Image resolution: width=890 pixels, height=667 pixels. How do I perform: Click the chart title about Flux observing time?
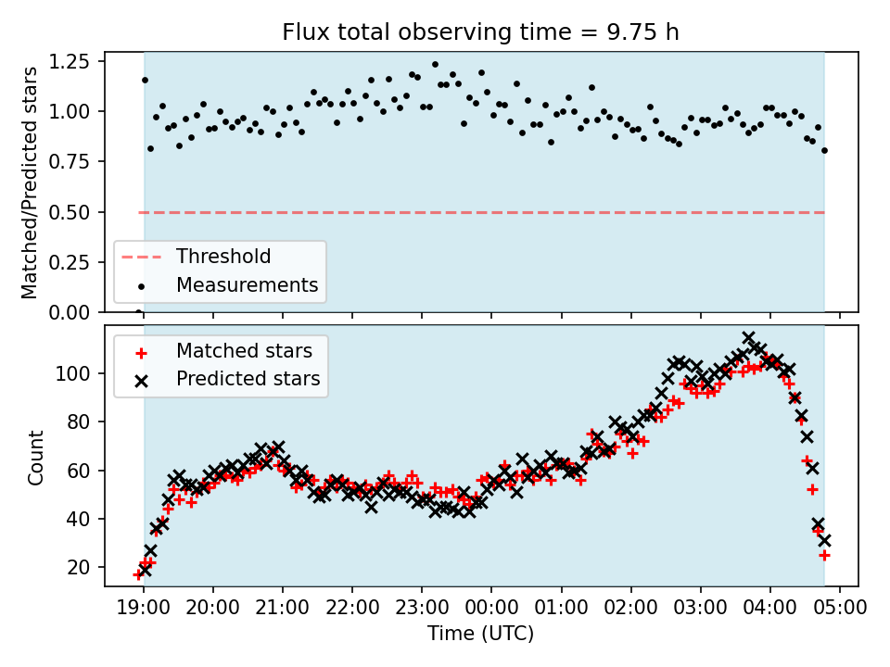tap(480, 32)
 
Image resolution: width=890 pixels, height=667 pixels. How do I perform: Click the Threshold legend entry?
tap(223, 257)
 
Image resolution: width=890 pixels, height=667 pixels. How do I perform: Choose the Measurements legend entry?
tap(247, 284)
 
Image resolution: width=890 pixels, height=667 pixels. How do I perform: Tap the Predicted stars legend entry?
tap(248, 379)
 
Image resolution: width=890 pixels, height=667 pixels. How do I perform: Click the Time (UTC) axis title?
tap(480, 635)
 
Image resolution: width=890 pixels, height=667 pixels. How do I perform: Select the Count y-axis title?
tap(36, 458)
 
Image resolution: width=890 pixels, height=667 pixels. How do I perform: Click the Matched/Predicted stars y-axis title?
tap(30, 182)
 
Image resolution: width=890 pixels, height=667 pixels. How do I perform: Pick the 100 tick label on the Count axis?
tap(78, 373)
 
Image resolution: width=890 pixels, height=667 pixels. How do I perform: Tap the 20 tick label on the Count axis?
tap(83, 567)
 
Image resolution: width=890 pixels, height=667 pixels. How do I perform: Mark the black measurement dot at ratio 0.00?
tap(138, 312)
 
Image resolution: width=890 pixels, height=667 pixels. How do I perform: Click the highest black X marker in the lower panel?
tap(748, 338)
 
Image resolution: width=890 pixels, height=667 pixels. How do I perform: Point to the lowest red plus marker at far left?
tap(138, 574)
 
